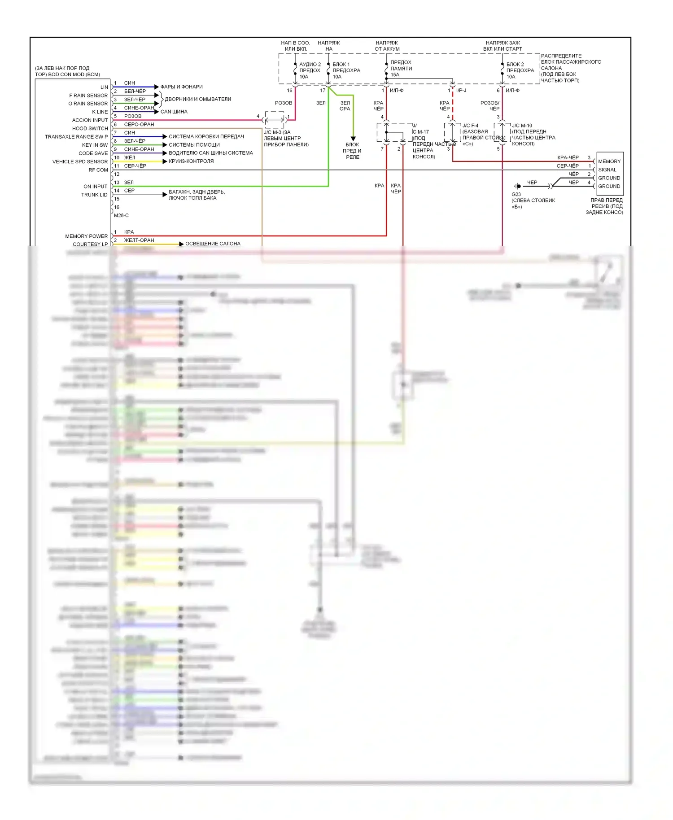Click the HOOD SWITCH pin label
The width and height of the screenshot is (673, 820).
click(90, 128)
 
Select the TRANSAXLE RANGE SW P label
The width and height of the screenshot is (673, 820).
click(76, 137)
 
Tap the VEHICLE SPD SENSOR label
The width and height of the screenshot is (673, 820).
click(80, 161)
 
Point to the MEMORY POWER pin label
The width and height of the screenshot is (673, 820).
click(86, 236)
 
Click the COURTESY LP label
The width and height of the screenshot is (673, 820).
click(90, 244)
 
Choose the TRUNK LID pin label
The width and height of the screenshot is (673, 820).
click(94, 195)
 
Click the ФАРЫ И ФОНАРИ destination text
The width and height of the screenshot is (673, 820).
click(181, 87)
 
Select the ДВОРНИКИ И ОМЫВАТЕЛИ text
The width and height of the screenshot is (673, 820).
click(198, 99)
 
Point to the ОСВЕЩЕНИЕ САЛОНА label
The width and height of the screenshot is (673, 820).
click(213, 244)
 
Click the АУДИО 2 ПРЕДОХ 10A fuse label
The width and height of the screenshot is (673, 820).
click(310, 70)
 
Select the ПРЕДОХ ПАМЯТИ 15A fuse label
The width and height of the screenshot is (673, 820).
click(401, 69)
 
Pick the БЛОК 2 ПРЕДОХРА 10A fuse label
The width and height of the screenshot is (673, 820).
click(520, 70)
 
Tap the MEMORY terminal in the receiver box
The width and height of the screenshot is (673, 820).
click(609, 161)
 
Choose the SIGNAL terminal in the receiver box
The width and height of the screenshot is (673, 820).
click(607, 170)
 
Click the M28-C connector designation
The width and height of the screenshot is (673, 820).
click(121, 215)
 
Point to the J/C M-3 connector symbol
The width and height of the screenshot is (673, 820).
click(274, 120)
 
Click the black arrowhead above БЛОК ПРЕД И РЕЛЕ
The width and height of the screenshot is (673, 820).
click(353, 138)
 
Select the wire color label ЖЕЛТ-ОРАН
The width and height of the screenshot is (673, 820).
click(139, 240)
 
